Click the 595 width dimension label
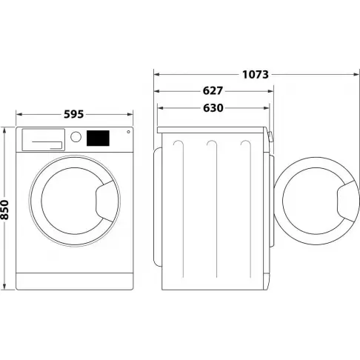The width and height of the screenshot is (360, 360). (x=73, y=114)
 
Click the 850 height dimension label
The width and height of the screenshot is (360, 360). (x=5, y=208)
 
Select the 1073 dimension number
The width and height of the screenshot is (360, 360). (x=254, y=74)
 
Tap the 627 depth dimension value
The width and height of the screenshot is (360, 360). (x=213, y=91)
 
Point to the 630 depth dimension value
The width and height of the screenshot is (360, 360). (x=213, y=108)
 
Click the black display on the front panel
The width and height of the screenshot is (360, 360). (x=99, y=138)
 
